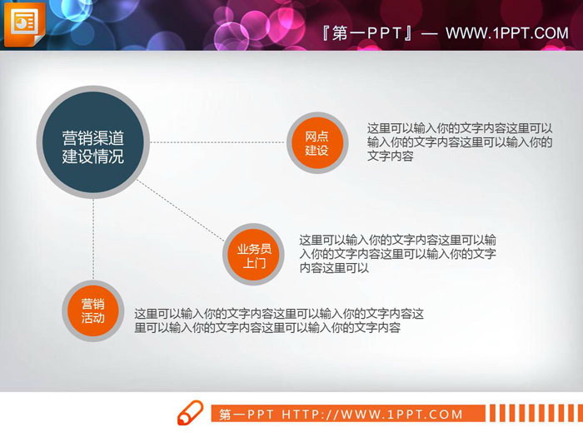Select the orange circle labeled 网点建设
pos(316,143)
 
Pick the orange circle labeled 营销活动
pos(92,310)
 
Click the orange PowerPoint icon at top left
pos(24,24)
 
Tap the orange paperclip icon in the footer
pos(190,413)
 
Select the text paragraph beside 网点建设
pos(460,142)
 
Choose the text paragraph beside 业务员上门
pos(398,254)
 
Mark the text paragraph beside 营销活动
pos(279,320)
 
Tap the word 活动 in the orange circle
pos(92,318)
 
